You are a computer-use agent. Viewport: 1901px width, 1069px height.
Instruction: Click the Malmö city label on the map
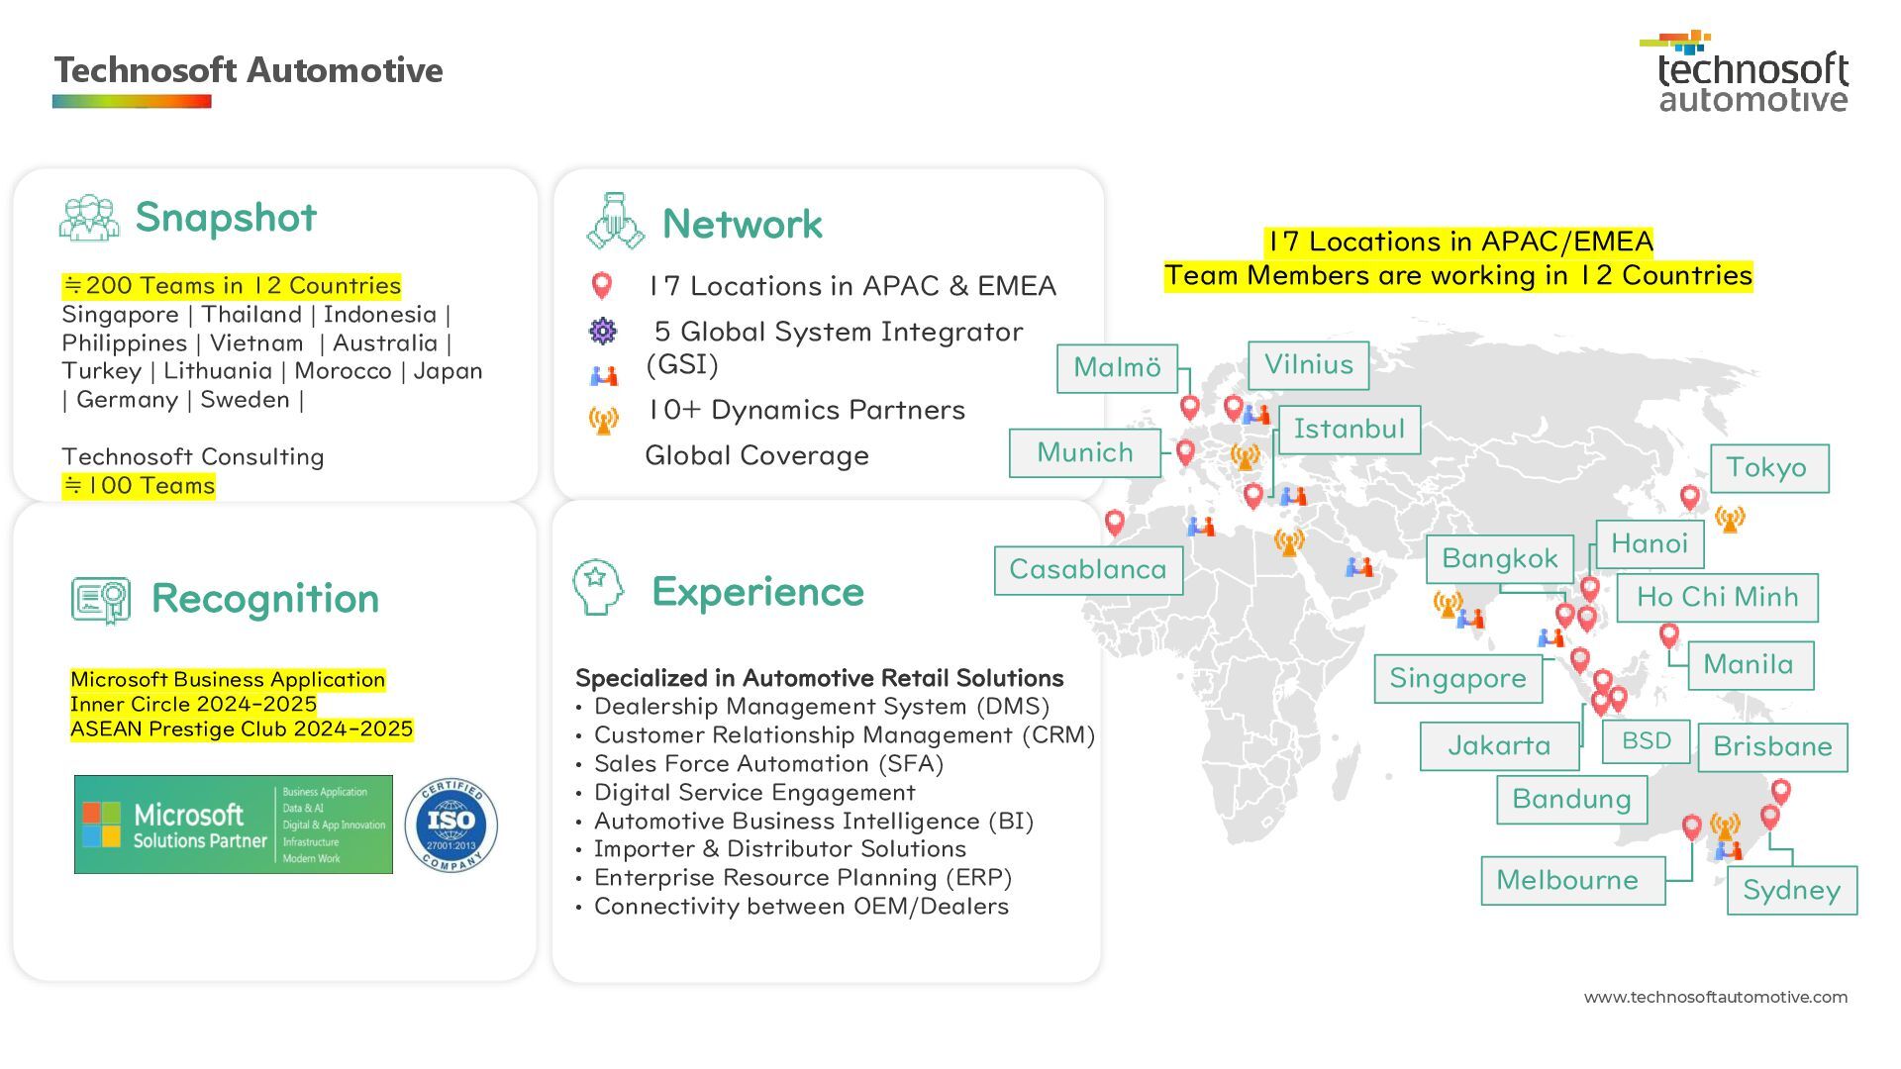point(1117,368)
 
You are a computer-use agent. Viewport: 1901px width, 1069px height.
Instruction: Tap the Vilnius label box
point(1308,365)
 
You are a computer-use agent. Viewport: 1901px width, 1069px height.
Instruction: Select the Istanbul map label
point(1349,430)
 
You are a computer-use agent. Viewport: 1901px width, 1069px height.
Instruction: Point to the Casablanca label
point(1087,570)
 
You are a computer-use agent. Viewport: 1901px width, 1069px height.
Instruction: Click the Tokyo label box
point(1768,468)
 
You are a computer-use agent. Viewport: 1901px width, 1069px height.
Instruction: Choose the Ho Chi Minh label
point(1717,598)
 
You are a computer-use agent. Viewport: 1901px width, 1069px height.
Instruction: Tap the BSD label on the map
point(1646,741)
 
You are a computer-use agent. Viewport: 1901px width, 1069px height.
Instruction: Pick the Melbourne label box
point(1571,881)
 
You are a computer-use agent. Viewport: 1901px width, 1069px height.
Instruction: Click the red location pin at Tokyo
point(1690,497)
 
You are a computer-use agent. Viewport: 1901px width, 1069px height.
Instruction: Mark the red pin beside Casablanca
point(1114,521)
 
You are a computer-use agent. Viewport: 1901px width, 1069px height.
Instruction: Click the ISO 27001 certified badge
point(451,825)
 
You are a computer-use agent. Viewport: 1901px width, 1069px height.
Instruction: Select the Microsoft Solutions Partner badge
point(234,825)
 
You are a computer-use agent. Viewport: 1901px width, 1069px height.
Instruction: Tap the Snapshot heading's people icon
point(88,218)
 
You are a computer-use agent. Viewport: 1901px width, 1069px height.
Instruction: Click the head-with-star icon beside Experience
point(597,587)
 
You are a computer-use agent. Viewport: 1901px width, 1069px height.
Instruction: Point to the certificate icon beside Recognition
point(101,600)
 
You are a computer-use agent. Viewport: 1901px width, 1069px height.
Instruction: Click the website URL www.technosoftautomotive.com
point(1715,998)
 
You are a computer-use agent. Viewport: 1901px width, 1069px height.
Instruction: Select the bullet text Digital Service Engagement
point(753,793)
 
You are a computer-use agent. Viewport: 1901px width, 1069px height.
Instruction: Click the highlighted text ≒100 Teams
point(139,486)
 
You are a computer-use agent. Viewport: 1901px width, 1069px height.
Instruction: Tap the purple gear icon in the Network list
point(602,331)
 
